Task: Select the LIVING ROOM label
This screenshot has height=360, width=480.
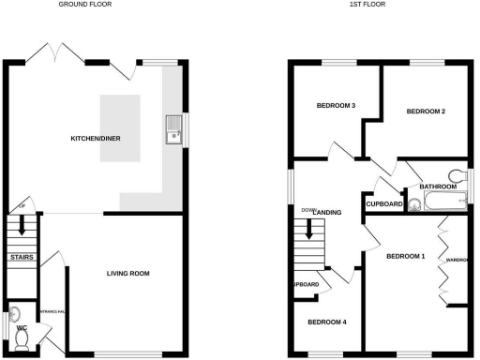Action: click(x=128, y=274)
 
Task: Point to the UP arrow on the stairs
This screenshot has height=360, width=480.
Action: click(x=21, y=226)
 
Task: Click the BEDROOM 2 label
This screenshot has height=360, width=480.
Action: click(x=425, y=112)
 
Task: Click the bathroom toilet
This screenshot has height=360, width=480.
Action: click(x=457, y=174)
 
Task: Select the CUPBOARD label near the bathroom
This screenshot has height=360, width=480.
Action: click(x=384, y=204)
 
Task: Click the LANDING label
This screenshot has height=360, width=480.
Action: click(x=327, y=213)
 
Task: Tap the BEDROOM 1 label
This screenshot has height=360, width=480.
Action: click(x=406, y=256)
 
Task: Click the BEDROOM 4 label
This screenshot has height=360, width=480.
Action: click(x=327, y=322)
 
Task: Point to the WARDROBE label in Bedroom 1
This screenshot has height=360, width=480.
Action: click(x=457, y=260)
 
